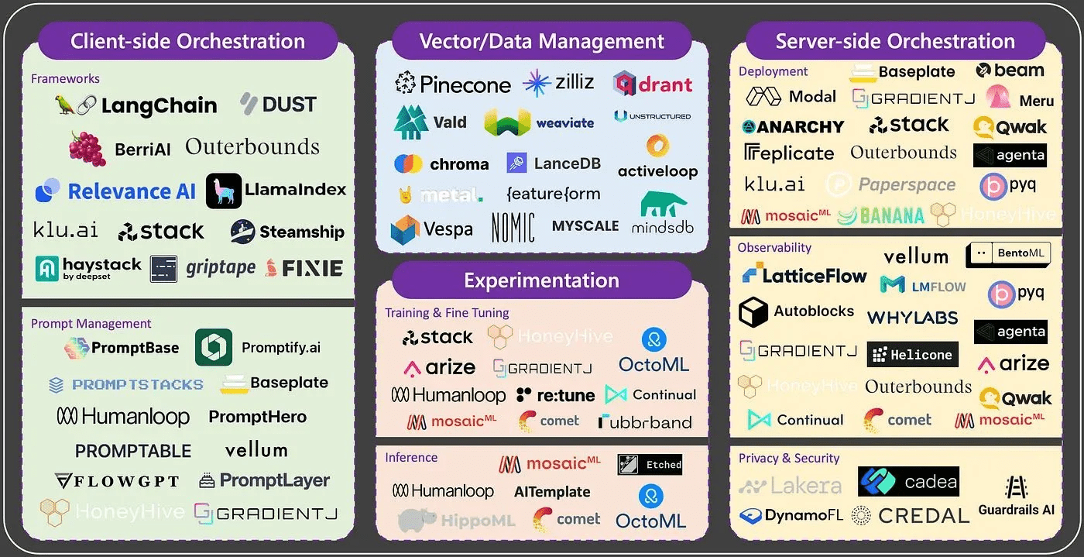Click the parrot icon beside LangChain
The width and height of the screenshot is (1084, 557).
click(65, 105)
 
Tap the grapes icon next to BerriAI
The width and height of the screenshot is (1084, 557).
click(87, 148)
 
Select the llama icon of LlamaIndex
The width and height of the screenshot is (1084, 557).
click(224, 191)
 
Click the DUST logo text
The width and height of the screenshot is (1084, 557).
click(279, 104)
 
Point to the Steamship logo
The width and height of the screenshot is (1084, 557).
click(287, 232)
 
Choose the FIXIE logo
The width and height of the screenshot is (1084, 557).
click(304, 269)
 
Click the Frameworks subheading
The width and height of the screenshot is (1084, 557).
click(65, 78)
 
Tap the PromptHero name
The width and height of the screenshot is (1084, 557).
click(258, 417)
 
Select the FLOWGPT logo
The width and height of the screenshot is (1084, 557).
click(117, 481)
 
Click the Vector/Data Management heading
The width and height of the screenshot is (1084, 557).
click(542, 41)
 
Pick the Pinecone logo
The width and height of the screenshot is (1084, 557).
click(453, 84)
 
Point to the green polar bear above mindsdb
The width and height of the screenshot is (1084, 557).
click(664, 205)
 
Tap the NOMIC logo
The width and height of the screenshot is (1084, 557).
click(513, 227)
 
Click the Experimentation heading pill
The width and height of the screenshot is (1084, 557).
click(542, 280)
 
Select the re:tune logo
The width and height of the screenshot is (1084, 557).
click(555, 395)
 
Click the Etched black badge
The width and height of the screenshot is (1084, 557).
click(650, 465)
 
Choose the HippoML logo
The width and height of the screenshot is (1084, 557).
click(457, 521)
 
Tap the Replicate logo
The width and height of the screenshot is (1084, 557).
click(789, 153)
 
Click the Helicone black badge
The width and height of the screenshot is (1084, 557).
click(912, 355)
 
